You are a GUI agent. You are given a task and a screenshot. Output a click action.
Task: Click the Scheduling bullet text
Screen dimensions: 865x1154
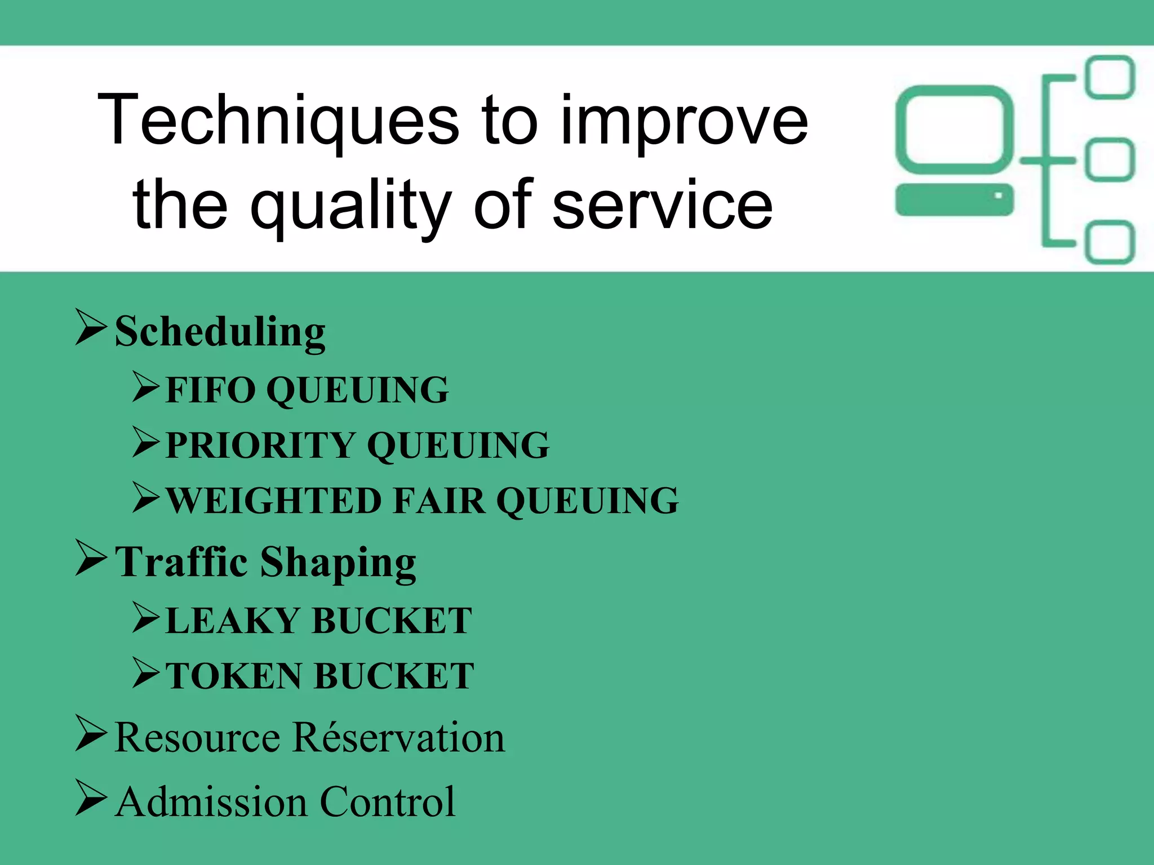220,332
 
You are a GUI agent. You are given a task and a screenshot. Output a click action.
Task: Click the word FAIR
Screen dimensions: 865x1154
439,501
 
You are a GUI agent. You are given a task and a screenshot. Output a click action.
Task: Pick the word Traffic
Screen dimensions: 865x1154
181,562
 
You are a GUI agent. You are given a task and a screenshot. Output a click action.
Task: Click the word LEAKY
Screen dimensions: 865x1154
233,621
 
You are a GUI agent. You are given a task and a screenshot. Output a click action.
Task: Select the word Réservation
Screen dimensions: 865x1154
398,738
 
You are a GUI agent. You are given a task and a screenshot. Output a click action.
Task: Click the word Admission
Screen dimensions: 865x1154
211,802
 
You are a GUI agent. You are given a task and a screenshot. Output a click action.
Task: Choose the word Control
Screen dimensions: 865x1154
388,802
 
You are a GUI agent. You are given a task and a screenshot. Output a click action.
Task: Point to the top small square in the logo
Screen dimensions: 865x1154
1109,77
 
